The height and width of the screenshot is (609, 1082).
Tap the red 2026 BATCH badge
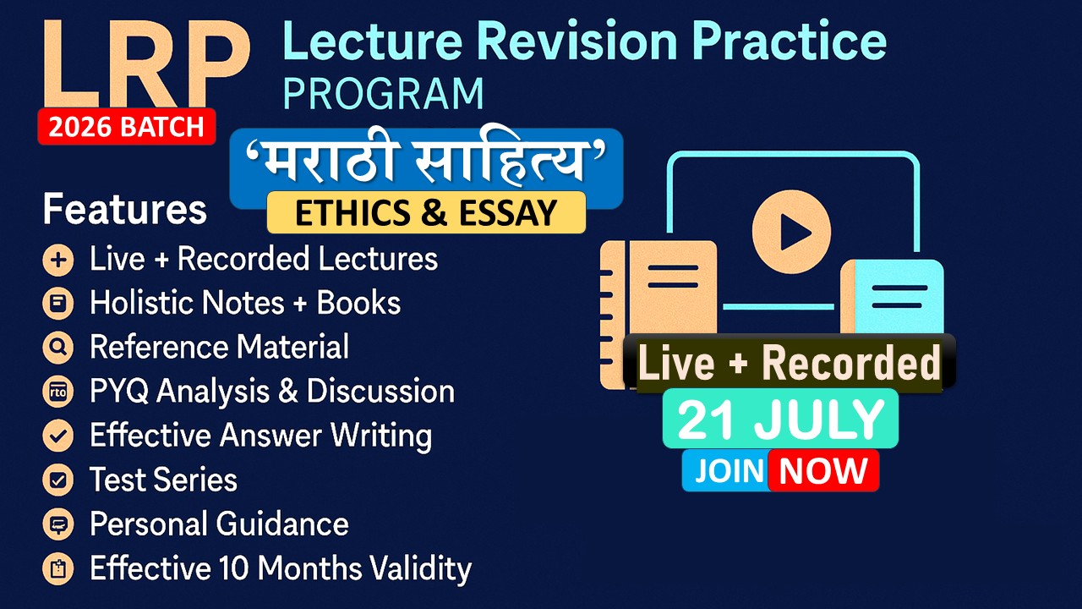point(127,127)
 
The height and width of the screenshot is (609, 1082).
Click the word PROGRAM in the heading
point(383,93)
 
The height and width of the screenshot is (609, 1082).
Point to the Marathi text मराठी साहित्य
point(426,161)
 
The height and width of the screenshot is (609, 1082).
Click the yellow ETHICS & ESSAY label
point(426,212)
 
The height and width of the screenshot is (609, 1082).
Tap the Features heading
point(124,209)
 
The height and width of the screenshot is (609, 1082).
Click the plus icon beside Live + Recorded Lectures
point(58,261)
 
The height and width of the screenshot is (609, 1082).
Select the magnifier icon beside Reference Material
point(58,348)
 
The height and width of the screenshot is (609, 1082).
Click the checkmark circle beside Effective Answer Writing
point(58,436)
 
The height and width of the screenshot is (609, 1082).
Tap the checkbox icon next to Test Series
point(58,480)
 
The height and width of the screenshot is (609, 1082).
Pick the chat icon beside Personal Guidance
point(58,524)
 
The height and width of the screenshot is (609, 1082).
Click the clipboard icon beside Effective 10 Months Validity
point(58,569)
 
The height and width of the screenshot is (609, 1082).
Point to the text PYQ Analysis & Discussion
point(272,392)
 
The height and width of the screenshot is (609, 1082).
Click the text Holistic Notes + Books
point(245,303)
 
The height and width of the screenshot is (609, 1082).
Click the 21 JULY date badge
point(780,419)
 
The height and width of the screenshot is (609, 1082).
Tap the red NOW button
point(823,470)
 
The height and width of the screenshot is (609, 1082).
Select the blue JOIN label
point(728,470)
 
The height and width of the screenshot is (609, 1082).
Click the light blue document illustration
point(893,297)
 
